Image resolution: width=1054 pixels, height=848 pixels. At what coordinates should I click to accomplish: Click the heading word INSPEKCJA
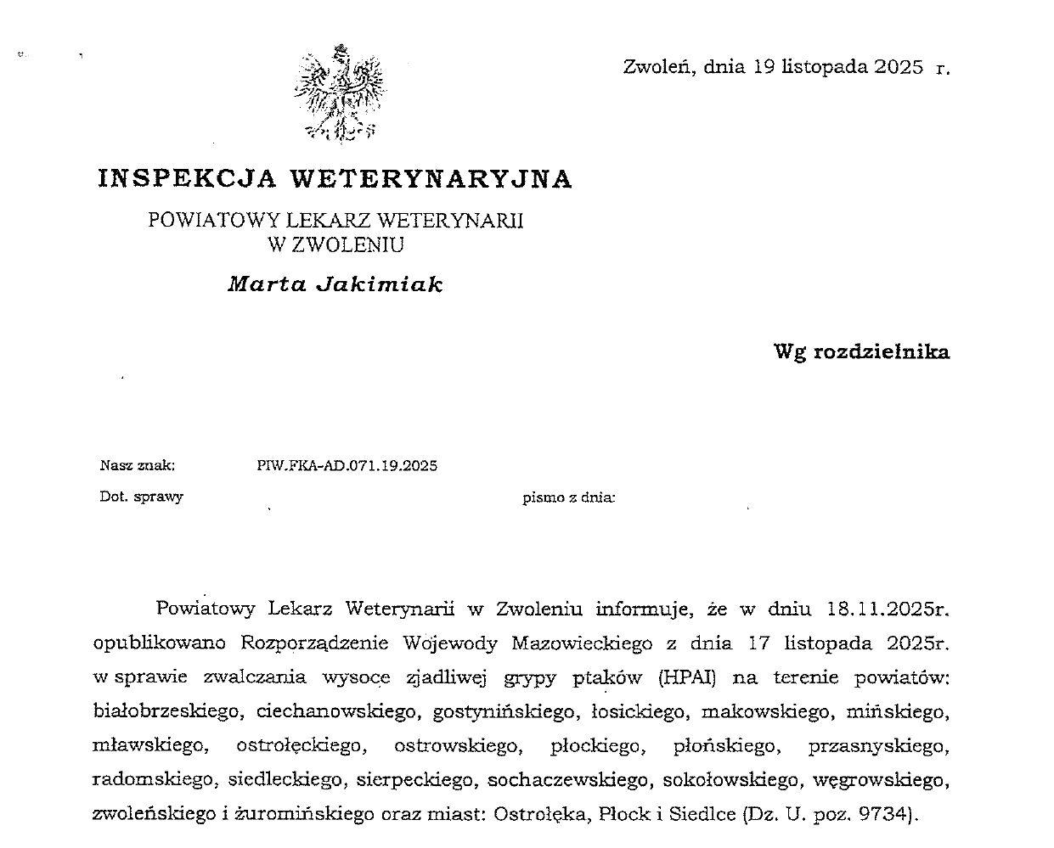(187, 178)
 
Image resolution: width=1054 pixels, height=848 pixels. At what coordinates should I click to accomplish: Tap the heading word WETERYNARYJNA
(431, 178)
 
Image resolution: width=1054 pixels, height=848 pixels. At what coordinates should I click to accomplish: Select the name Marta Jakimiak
(335, 284)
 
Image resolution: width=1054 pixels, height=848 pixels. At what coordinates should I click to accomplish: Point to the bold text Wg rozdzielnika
(861, 351)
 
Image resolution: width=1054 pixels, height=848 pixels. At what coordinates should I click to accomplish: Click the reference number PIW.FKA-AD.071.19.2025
(347, 465)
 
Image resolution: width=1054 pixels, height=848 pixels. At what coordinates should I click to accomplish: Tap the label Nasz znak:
(138, 465)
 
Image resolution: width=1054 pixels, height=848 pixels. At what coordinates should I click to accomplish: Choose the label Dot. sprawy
(141, 497)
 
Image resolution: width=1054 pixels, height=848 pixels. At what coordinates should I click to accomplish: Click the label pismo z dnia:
(568, 497)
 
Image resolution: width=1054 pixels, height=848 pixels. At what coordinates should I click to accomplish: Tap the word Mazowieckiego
(575, 643)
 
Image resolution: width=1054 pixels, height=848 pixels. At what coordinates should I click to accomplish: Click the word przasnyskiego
(876, 746)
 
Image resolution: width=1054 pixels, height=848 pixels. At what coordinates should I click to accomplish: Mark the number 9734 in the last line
(883, 814)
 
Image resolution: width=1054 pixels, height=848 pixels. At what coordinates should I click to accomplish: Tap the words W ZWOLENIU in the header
(335, 245)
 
